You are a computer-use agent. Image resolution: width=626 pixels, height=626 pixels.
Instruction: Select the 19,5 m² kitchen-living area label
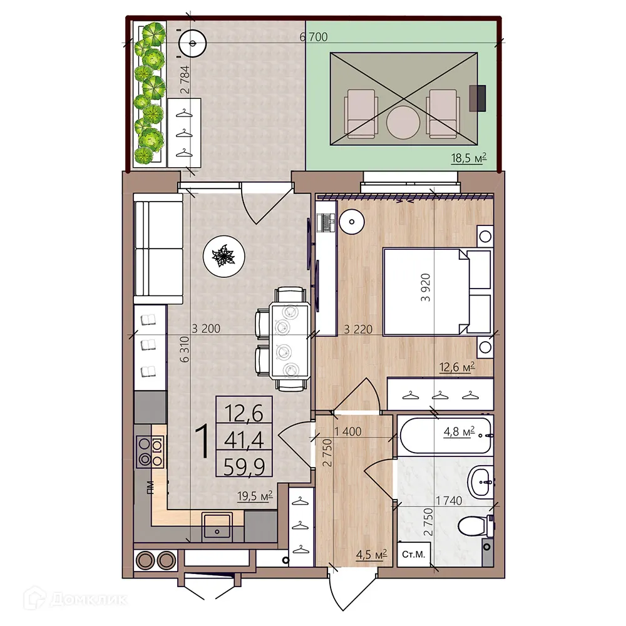click(254, 496)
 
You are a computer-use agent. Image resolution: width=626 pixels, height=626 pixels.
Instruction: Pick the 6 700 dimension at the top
click(314, 37)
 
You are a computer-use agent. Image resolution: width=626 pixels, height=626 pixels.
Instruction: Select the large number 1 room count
click(202, 441)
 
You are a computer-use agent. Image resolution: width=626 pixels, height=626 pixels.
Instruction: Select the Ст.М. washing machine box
click(413, 554)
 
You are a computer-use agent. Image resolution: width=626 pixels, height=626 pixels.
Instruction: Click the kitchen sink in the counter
click(217, 525)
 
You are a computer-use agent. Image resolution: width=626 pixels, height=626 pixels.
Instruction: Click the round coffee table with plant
click(223, 255)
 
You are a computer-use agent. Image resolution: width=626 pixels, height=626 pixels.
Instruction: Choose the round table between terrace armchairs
click(402, 122)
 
